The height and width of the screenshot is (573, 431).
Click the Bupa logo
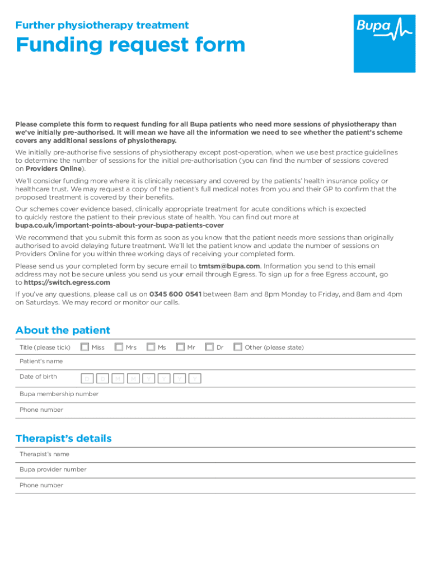[384, 43]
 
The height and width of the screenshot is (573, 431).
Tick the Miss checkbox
[85, 347]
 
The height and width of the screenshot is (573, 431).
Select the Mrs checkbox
[119, 347]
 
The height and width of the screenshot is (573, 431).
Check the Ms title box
[151, 347]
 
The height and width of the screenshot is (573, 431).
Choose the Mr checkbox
[180, 347]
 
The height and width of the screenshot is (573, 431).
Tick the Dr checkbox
[209, 347]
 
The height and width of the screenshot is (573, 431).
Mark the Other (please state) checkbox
[238, 347]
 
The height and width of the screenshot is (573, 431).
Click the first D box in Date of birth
[87, 379]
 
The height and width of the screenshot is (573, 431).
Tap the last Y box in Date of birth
[194, 379]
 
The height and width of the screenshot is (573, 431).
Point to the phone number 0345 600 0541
[175, 294]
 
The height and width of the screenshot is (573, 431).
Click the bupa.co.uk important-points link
[119, 225]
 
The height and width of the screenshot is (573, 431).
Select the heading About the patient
[63, 330]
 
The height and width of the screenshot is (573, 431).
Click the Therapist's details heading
[63, 438]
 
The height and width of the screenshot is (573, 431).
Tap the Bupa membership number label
[59, 394]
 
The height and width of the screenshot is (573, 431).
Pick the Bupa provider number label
[53, 469]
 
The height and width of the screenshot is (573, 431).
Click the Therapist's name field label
[45, 454]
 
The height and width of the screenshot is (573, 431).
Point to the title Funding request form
[130, 45]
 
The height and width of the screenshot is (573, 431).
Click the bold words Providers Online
[54, 168]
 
